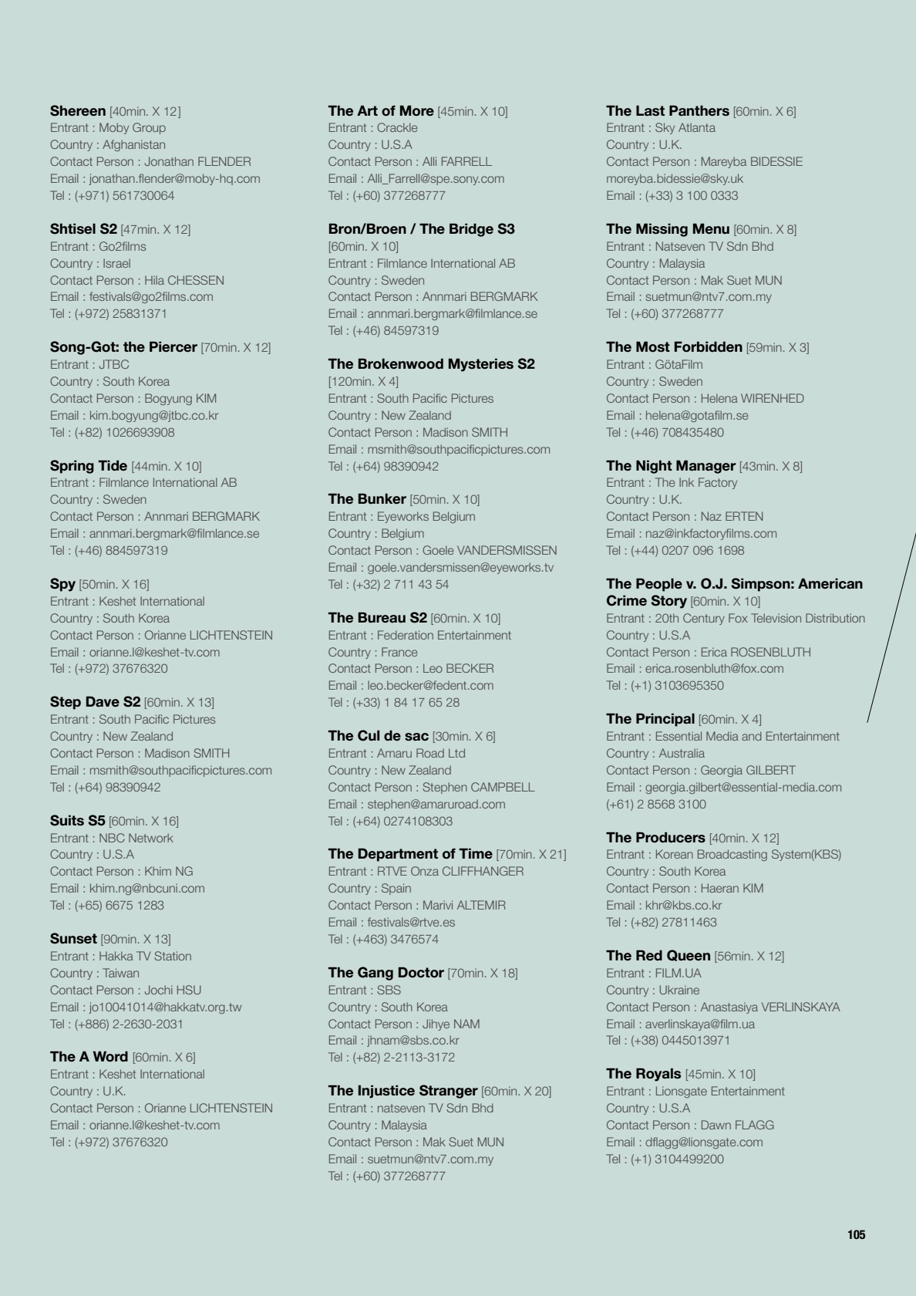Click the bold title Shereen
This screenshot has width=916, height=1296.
click(x=78, y=111)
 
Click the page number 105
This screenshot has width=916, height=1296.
click(x=856, y=1235)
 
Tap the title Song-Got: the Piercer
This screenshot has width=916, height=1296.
click(x=123, y=348)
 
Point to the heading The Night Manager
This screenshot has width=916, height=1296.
click(x=670, y=466)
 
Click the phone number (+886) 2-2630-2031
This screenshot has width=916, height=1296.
click(x=119, y=1024)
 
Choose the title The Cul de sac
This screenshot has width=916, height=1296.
click(x=378, y=736)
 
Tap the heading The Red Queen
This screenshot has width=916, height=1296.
click(x=658, y=957)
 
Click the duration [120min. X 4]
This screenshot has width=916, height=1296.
click(x=363, y=382)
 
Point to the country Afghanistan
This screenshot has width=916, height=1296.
click(x=134, y=145)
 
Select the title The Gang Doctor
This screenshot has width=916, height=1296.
click(x=386, y=973)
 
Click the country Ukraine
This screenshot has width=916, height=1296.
click(x=679, y=991)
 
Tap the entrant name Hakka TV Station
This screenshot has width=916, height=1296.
click(x=145, y=957)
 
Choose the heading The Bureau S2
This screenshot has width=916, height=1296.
click(x=377, y=618)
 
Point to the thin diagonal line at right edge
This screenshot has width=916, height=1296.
click(x=892, y=625)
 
